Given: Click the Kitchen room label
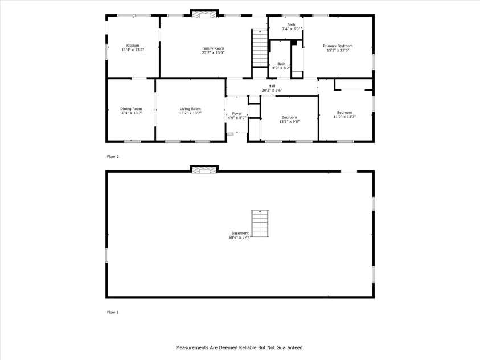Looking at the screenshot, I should (x=133, y=46).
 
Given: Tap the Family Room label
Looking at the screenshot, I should (x=213, y=48).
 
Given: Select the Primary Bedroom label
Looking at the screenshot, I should (x=338, y=46).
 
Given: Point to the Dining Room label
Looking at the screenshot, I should (x=131, y=108).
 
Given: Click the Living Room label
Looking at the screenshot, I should (x=190, y=108).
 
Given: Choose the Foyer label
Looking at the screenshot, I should (x=237, y=113).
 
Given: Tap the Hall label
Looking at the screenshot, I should (x=272, y=86).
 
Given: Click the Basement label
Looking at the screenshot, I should (x=239, y=233).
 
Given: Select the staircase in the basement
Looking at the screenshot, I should (x=260, y=223).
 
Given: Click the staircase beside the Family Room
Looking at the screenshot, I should (x=260, y=49).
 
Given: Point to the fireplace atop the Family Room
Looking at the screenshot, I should (x=204, y=14).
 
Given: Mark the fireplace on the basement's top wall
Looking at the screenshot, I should (x=204, y=170).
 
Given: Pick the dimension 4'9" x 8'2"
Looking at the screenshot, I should (x=281, y=68).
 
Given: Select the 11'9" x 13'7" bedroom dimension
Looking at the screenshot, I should (x=344, y=117).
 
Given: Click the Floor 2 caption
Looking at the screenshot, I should (x=113, y=156).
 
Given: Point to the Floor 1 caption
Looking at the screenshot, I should (x=113, y=312).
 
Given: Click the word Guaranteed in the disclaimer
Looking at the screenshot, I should (x=288, y=347).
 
